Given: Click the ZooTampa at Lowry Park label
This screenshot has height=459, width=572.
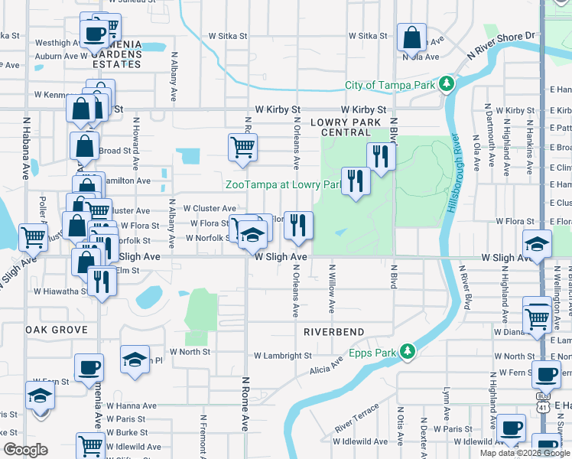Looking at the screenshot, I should [282, 184].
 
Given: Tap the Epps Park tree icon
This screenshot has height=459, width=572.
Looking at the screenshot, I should [408, 352].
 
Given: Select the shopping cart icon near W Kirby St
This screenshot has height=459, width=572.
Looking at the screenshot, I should [242, 147].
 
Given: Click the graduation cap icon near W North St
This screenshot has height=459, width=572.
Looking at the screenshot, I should [135, 359].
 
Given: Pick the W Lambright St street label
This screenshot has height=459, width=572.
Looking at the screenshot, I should [283, 356].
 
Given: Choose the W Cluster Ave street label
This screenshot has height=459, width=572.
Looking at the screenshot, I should [210, 208].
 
